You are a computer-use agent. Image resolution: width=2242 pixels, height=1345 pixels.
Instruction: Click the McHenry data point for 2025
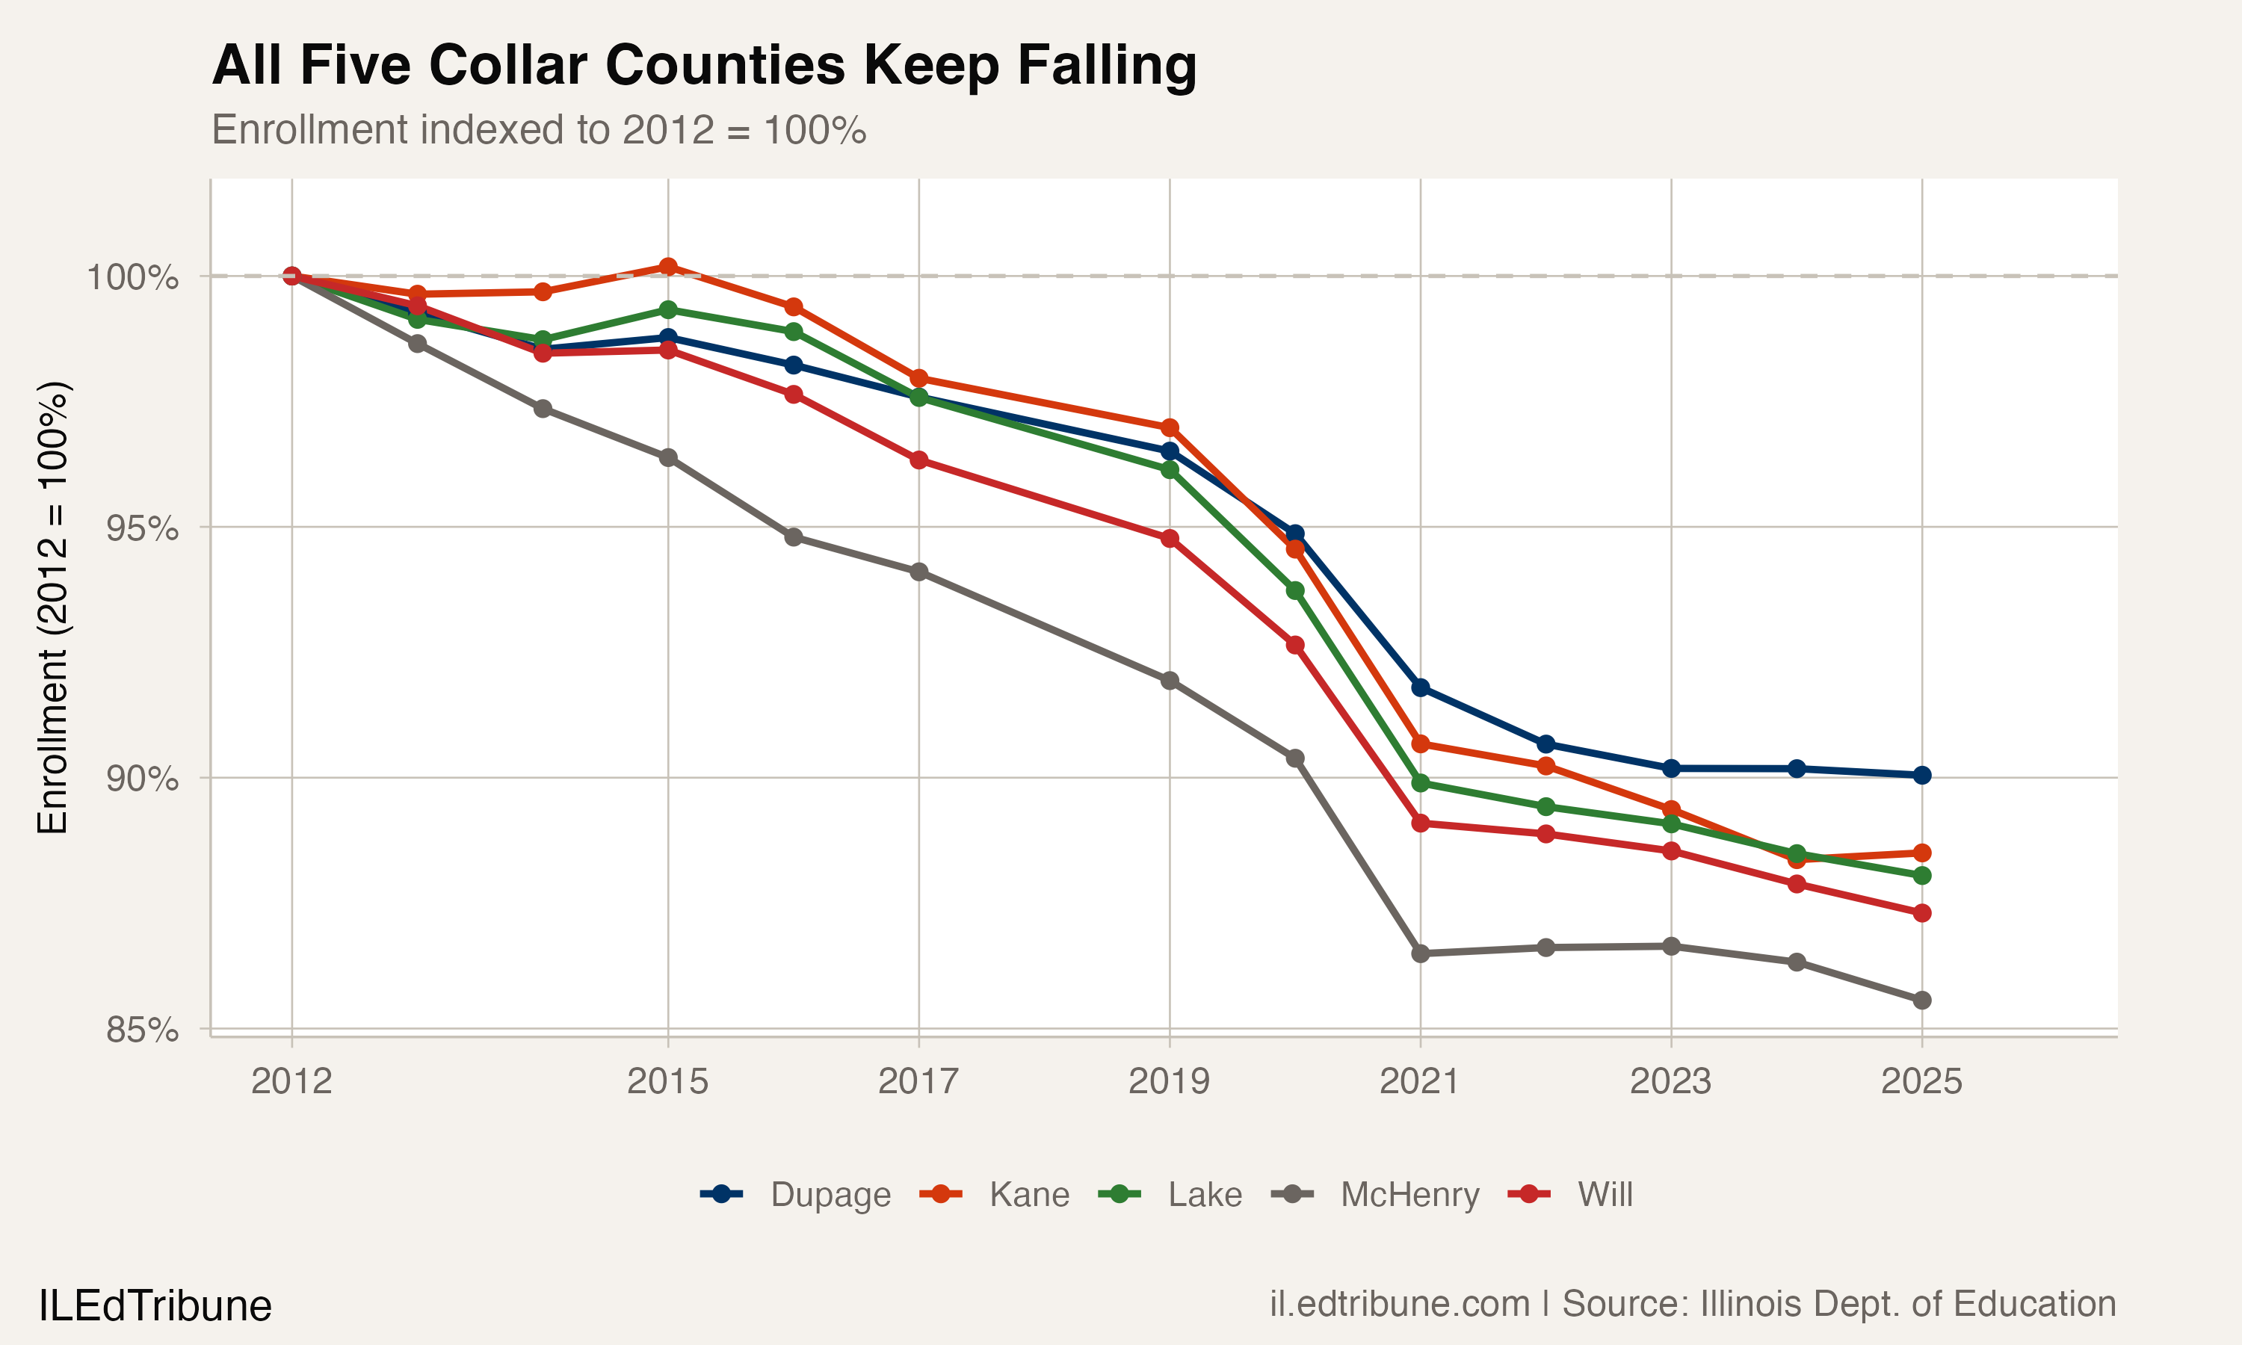1921,1000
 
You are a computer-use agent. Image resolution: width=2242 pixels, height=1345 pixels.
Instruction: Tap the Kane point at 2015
668,267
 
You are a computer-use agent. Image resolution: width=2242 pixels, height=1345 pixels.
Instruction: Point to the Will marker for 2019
1170,538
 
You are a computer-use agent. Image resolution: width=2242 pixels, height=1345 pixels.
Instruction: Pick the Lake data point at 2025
1921,874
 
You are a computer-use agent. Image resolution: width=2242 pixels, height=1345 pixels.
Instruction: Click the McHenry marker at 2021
1420,953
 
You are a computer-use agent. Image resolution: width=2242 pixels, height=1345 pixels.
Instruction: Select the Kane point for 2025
1921,853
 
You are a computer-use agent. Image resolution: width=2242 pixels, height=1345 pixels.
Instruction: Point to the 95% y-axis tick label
141,528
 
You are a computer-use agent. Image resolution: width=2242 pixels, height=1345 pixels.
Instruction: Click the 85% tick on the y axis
141,1030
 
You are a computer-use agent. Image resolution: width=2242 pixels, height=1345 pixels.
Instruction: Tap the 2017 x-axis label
918,1081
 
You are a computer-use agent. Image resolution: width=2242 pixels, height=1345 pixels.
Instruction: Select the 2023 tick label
1670,1081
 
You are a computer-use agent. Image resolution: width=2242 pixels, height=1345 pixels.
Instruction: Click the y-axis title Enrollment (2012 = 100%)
52,607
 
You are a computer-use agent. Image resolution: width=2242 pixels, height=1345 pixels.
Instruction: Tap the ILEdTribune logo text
155,1306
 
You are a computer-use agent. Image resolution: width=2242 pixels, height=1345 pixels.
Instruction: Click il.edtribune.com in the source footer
1399,1304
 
